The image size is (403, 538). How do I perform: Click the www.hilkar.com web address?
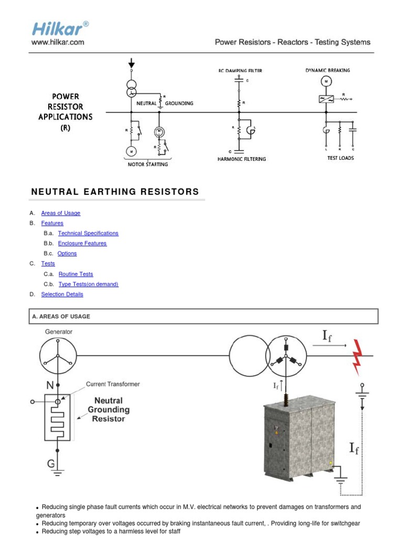[58, 43]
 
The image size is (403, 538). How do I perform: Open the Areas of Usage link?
[61, 213]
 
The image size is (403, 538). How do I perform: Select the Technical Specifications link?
[88, 233]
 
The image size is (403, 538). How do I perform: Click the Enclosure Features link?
[82, 243]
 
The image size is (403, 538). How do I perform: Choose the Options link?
[67, 253]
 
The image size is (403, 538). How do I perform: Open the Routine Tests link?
[76, 274]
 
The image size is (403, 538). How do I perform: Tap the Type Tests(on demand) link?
[88, 284]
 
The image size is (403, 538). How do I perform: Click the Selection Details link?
[62, 294]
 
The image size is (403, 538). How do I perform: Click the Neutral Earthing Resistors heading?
[115, 192]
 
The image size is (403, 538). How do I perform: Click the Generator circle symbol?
[58, 356]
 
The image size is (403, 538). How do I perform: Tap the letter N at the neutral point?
[50, 385]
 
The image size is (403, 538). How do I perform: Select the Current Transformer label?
[113, 384]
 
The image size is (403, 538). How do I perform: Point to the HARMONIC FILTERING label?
[242, 159]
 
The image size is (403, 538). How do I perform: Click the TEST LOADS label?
[341, 158]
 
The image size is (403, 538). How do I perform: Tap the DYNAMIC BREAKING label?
[327, 70]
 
